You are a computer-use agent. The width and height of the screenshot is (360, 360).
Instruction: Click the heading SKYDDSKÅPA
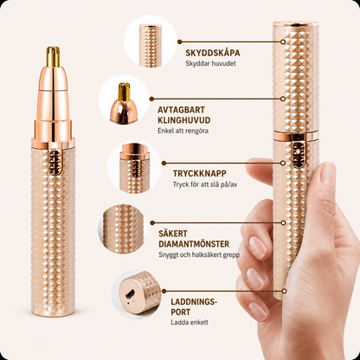213,53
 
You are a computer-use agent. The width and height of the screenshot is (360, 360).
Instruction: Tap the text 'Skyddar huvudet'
210,63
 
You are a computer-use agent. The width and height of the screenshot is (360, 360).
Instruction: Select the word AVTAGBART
181,110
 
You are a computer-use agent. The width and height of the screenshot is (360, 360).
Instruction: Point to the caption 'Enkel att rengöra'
183,131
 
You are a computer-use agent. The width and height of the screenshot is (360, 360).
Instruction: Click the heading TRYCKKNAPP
200,174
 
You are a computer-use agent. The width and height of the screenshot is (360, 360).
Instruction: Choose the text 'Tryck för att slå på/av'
205,184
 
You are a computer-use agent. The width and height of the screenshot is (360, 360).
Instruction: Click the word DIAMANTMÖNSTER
194,244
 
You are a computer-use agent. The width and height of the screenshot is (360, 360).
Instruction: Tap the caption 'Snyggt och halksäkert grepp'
199,255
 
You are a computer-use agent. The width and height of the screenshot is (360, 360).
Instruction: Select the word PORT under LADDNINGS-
181,312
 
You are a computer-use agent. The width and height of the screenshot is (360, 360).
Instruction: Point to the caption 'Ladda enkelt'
190,323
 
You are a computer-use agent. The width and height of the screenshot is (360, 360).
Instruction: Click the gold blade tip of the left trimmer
54,56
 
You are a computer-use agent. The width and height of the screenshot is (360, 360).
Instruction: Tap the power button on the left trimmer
55,162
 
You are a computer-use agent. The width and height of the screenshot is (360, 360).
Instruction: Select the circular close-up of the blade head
124,100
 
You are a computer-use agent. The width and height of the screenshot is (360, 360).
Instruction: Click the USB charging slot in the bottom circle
129,294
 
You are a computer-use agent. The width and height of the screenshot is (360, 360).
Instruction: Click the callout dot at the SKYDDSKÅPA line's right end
283,42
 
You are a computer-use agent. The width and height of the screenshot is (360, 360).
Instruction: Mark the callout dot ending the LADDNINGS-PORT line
285,291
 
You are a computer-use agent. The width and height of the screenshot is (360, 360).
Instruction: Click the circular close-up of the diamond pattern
123,229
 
